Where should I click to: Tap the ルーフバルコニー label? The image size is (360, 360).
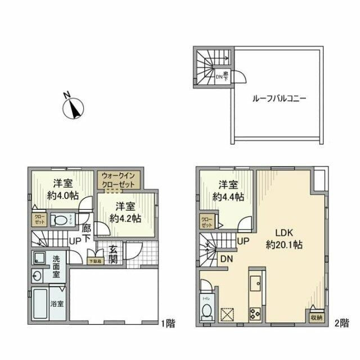click(x=278, y=97)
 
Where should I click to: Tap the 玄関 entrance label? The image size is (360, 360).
click(x=113, y=255)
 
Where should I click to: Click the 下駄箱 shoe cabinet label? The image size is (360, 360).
click(x=96, y=261)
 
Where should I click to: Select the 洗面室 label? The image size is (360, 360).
click(x=58, y=265)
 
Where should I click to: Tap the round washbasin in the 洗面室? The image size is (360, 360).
click(x=37, y=276)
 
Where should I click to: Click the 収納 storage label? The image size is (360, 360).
click(x=316, y=318)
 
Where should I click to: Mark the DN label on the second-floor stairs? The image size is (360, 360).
click(x=227, y=259)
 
